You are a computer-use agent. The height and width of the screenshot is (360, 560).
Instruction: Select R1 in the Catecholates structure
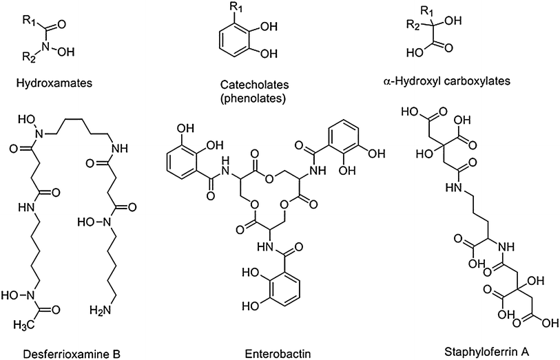pyautogui.click(x=221, y=9)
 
